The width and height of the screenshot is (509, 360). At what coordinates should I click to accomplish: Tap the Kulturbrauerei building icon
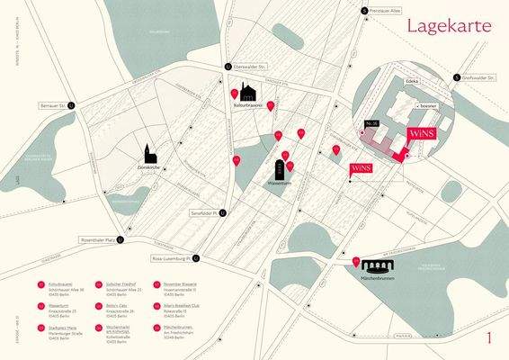coord(248,93)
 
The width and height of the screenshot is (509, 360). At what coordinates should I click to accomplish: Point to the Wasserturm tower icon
coord(278,166)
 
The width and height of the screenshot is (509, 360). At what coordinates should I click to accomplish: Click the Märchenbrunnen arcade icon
coord(376,265)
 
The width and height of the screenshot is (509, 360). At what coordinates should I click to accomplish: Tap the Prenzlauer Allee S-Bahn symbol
coord(364,11)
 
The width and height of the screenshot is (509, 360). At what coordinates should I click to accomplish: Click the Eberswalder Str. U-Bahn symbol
coord(228,67)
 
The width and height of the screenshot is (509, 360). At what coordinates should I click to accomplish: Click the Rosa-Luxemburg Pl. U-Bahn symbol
coord(197,259)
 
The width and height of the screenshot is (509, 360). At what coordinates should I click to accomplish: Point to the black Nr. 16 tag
coord(371,121)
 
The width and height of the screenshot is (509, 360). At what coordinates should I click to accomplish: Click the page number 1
coord(487,338)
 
